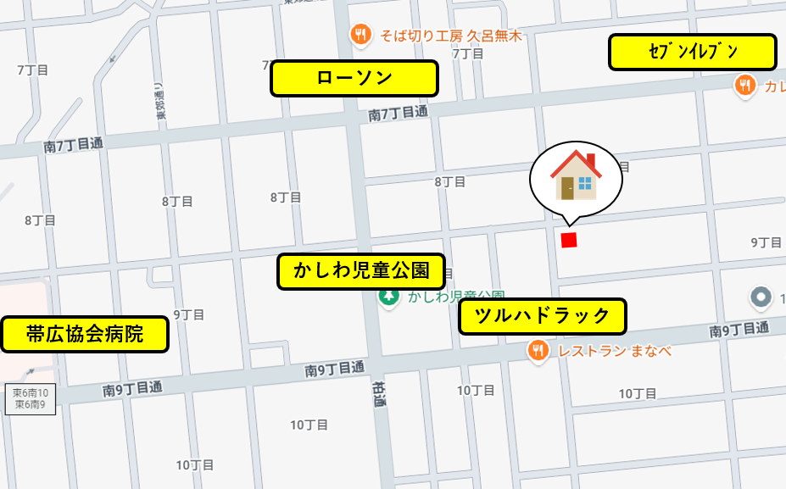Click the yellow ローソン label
tap(354, 78)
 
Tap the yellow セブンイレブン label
tap(692, 53)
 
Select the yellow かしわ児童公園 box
tap(361, 272)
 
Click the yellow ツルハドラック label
tap(543, 316)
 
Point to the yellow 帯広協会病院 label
tap(84, 334)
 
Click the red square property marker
tap(569, 240)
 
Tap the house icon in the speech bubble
tap(576, 176)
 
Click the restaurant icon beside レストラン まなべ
tap(538, 350)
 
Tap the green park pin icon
tap(389, 297)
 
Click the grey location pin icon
tap(761, 297)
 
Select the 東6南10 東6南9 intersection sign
tap(31, 399)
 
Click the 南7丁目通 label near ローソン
tap(398, 113)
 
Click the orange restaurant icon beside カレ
tap(745, 85)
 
